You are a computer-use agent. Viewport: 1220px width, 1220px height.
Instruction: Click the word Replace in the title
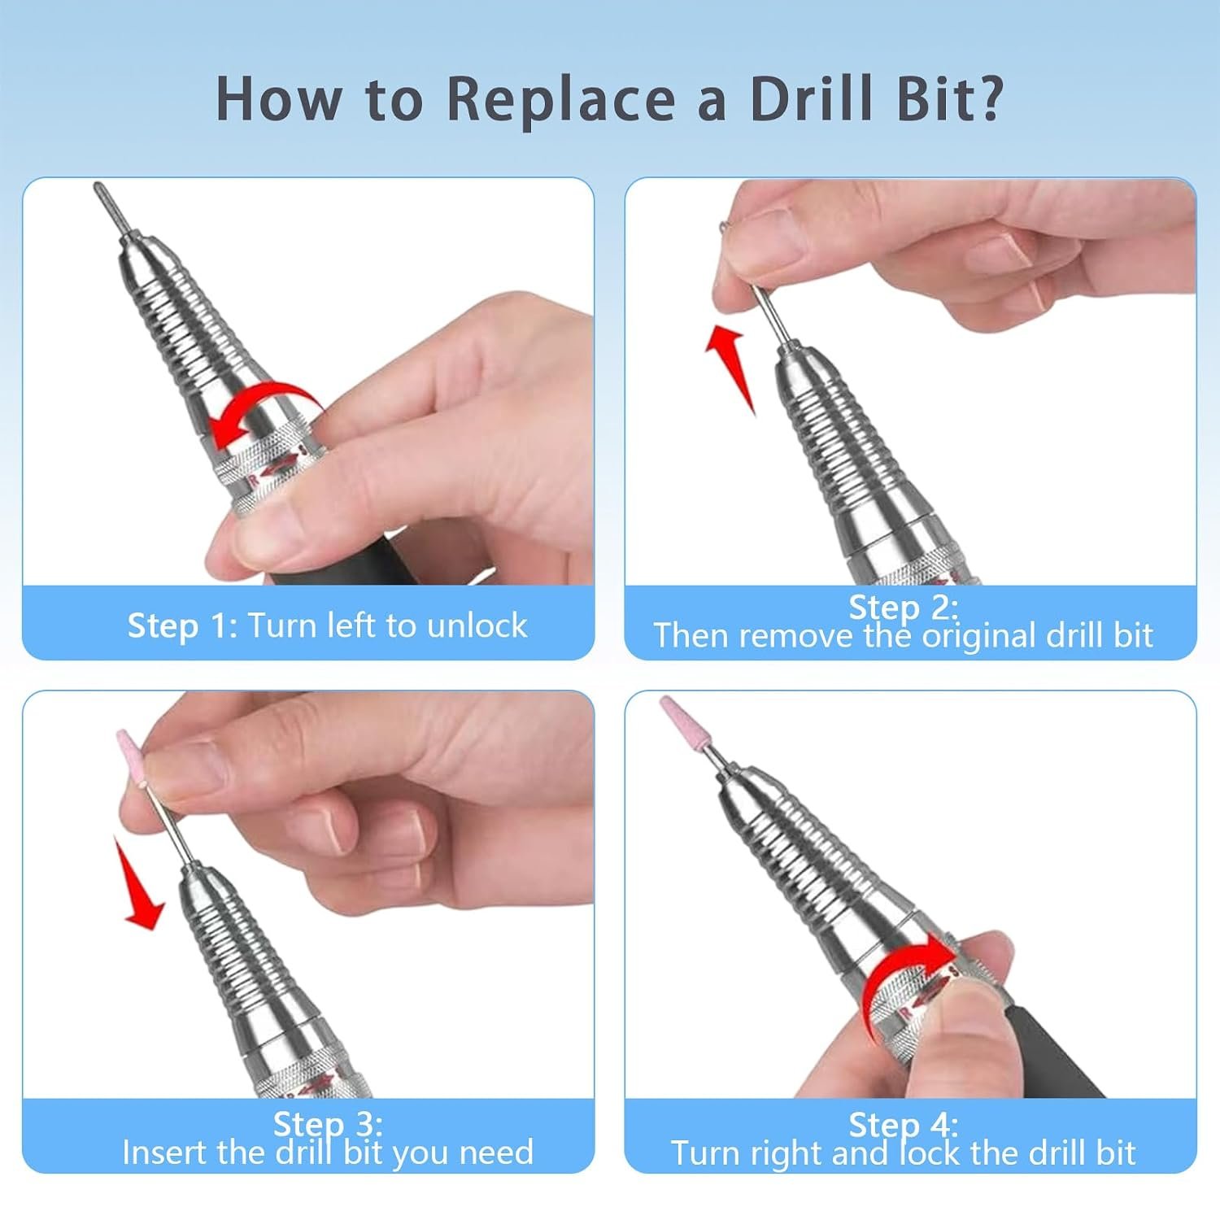(561, 99)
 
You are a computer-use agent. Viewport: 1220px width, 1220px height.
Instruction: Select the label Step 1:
(183, 625)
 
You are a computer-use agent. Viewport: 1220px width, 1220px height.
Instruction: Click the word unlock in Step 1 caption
(477, 625)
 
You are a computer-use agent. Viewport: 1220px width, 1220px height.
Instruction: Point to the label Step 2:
(904, 608)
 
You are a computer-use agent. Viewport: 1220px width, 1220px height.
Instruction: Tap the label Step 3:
(328, 1124)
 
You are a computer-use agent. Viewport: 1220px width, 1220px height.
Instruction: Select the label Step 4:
(904, 1125)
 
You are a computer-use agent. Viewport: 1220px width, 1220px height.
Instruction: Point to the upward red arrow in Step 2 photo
(730, 367)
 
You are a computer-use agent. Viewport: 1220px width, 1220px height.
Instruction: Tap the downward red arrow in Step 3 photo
(139, 884)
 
